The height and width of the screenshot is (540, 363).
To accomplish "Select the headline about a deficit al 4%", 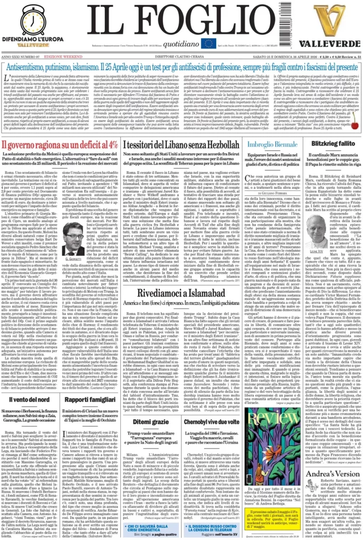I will (x=60, y=145).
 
